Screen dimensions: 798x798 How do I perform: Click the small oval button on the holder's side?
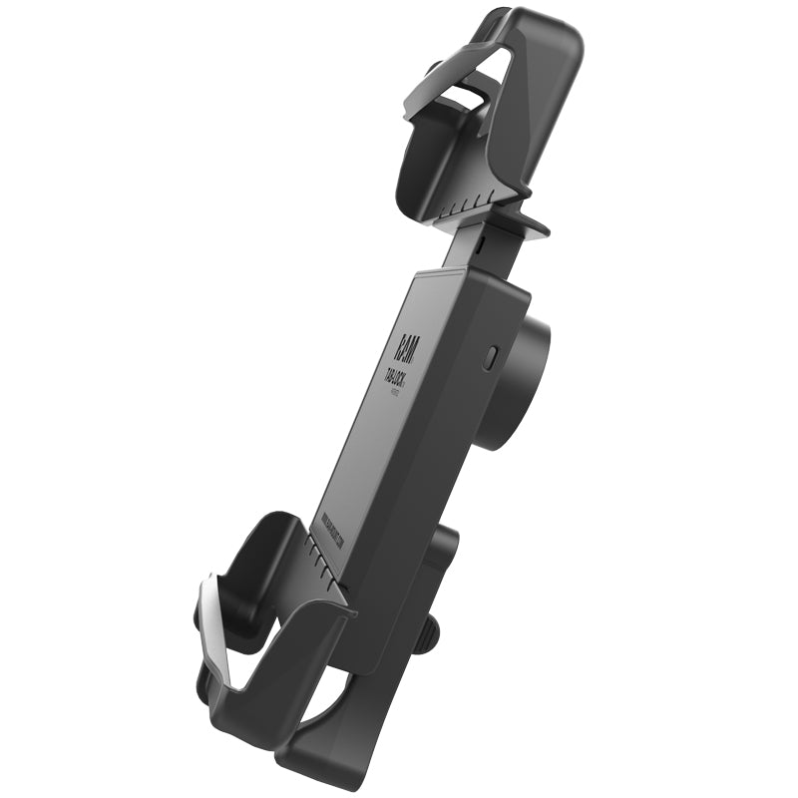tap(489, 358)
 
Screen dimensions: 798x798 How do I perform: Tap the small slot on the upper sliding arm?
tap(480, 241)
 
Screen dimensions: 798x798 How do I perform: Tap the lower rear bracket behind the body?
tap(439, 559)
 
